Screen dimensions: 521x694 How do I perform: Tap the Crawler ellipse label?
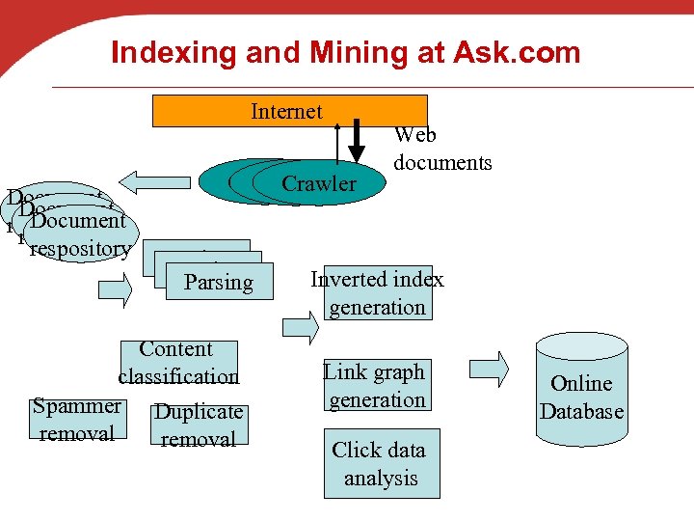pyautogui.click(x=319, y=183)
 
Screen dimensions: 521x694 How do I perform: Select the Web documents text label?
pyautogui.click(x=442, y=150)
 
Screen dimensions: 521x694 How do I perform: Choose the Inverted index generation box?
pyautogui.click(x=377, y=293)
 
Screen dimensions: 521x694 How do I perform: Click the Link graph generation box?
pyautogui.click(x=375, y=386)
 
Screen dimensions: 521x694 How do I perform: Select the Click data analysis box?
pyautogui.click(x=380, y=463)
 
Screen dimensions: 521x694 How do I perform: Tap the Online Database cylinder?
pyautogui.click(x=581, y=391)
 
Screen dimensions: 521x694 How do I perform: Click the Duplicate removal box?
pyautogui.click(x=199, y=425)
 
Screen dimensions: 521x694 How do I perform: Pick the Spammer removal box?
pyautogui.click(x=77, y=420)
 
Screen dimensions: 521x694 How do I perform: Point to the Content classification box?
pyautogui.click(x=177, y=362)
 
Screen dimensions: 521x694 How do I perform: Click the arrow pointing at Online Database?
pyautogui.click(x=492, y=368)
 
